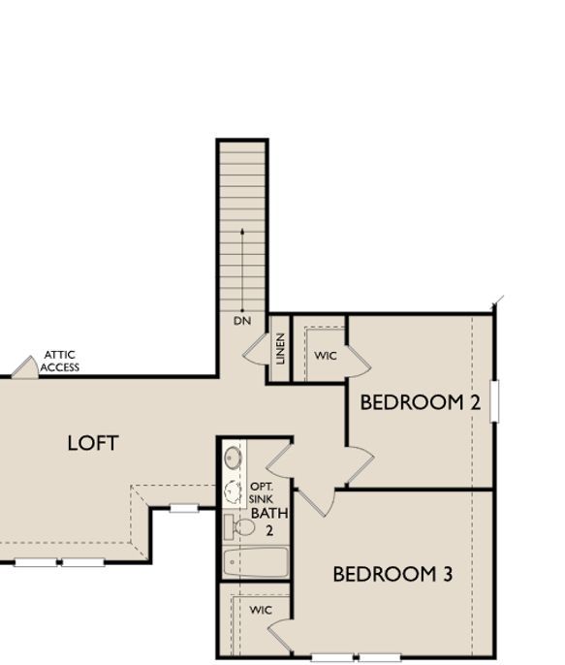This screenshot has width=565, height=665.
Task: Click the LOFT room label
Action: (93, 443)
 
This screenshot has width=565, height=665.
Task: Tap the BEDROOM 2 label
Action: (420, 402)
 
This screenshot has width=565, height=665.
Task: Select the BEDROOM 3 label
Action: (392, 574)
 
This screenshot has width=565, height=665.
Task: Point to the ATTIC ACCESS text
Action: (59, 362)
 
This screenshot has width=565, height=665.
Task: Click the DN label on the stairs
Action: (241, 320)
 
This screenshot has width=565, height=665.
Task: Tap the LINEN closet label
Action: (280, 348)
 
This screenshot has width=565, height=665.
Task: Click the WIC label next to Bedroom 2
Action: (326, 356)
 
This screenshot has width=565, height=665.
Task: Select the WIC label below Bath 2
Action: (261, 610)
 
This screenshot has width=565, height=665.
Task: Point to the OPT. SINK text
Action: (261, 492)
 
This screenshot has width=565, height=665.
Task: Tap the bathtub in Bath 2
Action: (256, 562)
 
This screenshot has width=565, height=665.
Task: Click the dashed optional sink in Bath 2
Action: (233, 491)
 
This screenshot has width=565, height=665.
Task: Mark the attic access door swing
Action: (24, 367)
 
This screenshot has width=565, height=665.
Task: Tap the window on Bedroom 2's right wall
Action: (494, 400)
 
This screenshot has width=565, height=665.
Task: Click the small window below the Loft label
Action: (184, 507)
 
